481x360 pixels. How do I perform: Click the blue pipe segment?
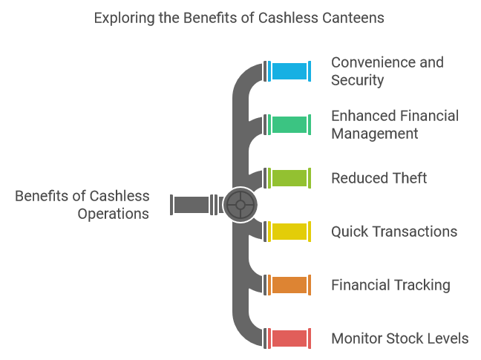[x=289, y=71]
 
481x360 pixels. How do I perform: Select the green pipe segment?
[x=289, y=125]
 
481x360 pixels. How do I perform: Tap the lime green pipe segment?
[x=289, y=178]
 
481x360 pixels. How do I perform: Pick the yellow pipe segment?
[x=289, y=232]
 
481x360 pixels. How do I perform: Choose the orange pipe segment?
[x=289, y=285]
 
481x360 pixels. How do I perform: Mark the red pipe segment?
[x=289, y=338]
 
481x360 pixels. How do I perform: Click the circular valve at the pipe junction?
[x=240, y=204]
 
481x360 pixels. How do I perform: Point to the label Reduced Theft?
[x=379, y=178]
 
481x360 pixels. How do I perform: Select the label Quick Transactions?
[x=393, y=232]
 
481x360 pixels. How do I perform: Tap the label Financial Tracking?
[x=390, y=285]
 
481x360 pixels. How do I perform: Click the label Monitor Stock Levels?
[x=399, y=338]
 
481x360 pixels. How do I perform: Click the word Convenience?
[x=371, y=62]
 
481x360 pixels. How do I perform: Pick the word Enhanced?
[x=361, y=116]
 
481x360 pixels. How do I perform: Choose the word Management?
[x=374, y=134]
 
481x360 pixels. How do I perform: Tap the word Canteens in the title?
[x=352, y=18]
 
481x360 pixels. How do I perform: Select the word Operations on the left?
[x=113, y=214]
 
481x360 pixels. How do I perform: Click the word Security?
[x=358, y=80]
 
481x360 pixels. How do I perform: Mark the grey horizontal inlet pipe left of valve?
[x=191, y=204]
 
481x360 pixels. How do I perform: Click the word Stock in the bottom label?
[x=408, y=338]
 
